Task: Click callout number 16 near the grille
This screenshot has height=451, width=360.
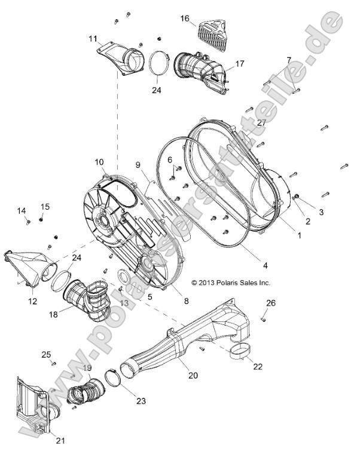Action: coord(185,19)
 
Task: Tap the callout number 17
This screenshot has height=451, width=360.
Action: coord(240,64)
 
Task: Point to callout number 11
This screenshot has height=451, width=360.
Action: coord(93,39)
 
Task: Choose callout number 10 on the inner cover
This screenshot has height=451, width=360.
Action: coord(99,162)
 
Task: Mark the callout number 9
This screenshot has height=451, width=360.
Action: coord(137,164)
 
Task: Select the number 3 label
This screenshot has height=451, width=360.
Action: coord(321,212)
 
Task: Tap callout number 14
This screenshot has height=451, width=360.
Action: coord(22,210)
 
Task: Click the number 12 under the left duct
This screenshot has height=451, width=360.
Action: coord(33,302)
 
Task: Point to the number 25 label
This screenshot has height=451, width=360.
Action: coord(46,354)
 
